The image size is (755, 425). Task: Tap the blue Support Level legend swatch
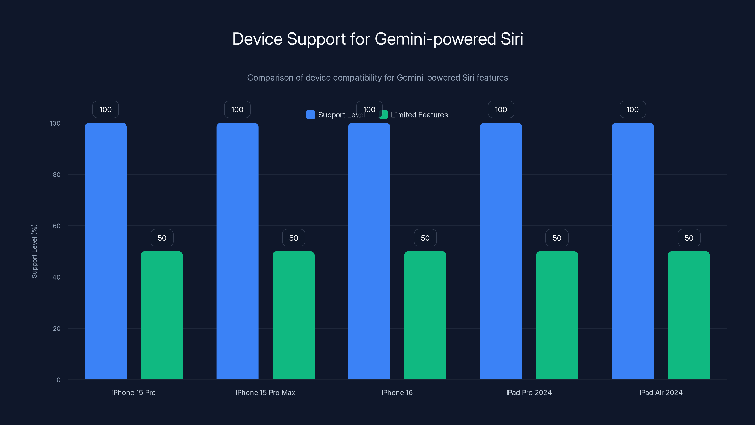tap(310, 115)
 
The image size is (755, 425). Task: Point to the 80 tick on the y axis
tap(57, 174)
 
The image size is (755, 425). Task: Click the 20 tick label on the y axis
tap(57, 328)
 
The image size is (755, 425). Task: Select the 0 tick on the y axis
tap(58, 380)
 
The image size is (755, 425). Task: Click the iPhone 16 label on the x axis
tap(397, 392)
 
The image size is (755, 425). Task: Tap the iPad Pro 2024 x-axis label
tap(529, 392)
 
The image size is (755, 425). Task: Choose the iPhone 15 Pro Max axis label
tap(265, 392)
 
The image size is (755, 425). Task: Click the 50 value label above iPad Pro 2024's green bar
tap(557, 238)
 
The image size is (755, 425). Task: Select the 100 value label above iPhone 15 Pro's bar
tap(105, 109)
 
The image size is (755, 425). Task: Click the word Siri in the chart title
tap(512, 39)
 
